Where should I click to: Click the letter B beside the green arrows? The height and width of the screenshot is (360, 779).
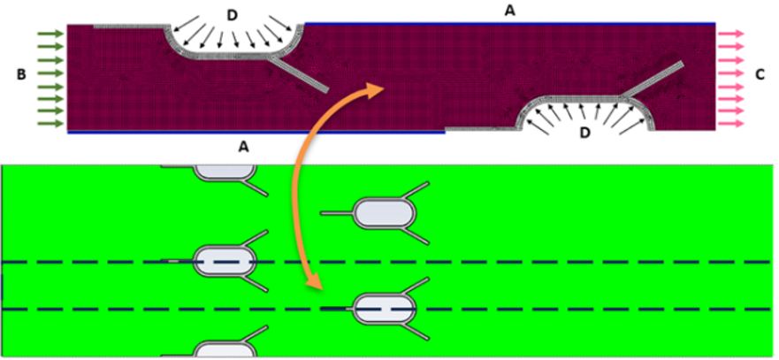point(21,75)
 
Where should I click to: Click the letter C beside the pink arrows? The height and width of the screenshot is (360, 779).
point(760,75)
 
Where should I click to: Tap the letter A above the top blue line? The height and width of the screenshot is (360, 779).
point(510,11)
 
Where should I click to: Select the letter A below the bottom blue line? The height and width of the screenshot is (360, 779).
point(243,145)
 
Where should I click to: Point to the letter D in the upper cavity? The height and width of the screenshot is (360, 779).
point(233,15)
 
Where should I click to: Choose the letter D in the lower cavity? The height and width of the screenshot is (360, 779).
point(585,134)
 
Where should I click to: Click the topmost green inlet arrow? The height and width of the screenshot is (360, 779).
point(51,34)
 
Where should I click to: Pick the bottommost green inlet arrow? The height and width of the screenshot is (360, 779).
point(51,123)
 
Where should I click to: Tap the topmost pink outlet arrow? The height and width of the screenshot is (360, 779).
point(730,34)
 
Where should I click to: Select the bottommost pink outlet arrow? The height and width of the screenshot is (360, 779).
point(730,123)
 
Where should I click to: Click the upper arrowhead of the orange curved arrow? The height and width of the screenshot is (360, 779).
point(375,88)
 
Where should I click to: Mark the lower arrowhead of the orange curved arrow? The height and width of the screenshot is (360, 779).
point(314,284)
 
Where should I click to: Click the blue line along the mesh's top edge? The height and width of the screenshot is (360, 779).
point(510,23)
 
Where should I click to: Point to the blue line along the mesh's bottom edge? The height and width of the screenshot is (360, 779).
point(256,133)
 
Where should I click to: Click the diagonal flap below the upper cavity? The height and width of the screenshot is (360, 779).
point(299,73)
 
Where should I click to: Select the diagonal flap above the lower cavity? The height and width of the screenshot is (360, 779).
point(653,79)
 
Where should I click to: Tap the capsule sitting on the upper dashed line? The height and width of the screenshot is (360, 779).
point(225,261)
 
